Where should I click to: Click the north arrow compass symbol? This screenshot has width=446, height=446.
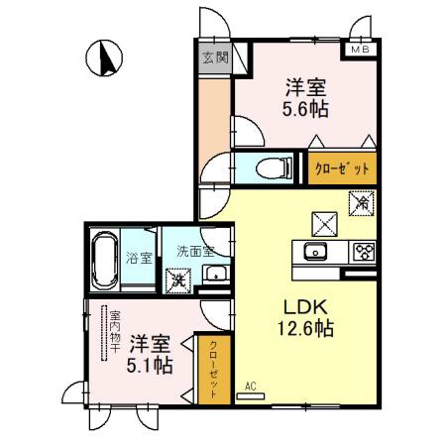(x=101, y=58)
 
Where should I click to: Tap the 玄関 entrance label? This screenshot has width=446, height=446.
(x=213, y=57)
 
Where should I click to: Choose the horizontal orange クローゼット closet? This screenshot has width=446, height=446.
(x=341, y=167)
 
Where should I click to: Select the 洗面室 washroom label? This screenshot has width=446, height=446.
(x=195, y=251)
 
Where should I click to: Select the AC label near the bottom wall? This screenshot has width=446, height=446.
(x=251, y=386)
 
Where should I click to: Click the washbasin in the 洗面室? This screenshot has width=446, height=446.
(x=214, y=275)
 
